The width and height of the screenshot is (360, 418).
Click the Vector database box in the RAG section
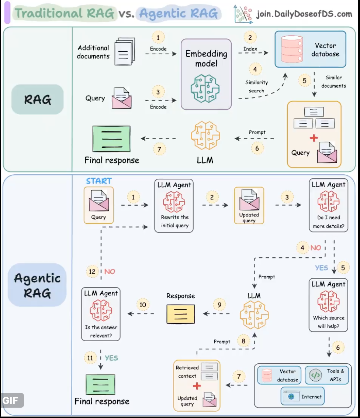(311, 49)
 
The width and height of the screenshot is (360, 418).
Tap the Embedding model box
(206, 74)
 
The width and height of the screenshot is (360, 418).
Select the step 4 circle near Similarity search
(255, 69)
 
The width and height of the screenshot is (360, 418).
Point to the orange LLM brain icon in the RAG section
(205, 136)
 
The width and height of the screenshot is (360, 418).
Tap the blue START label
(98, 181)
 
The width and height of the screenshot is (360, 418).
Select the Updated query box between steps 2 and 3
(249, 205)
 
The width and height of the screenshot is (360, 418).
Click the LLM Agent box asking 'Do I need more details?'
(328, 206)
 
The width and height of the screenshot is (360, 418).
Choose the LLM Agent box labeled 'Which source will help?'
(328, 305)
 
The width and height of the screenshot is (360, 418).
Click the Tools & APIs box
(327, 375)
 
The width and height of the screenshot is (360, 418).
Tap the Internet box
(302, 397)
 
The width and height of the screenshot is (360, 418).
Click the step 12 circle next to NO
(93, 272)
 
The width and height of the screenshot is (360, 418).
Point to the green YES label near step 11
(111, 358)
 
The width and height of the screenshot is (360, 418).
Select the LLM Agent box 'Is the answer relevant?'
(101, 314)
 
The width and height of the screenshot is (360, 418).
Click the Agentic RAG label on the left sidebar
(37, 285)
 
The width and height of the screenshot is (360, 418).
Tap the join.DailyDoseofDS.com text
(304, 14)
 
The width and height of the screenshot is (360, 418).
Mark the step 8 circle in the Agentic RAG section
(243, 341)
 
